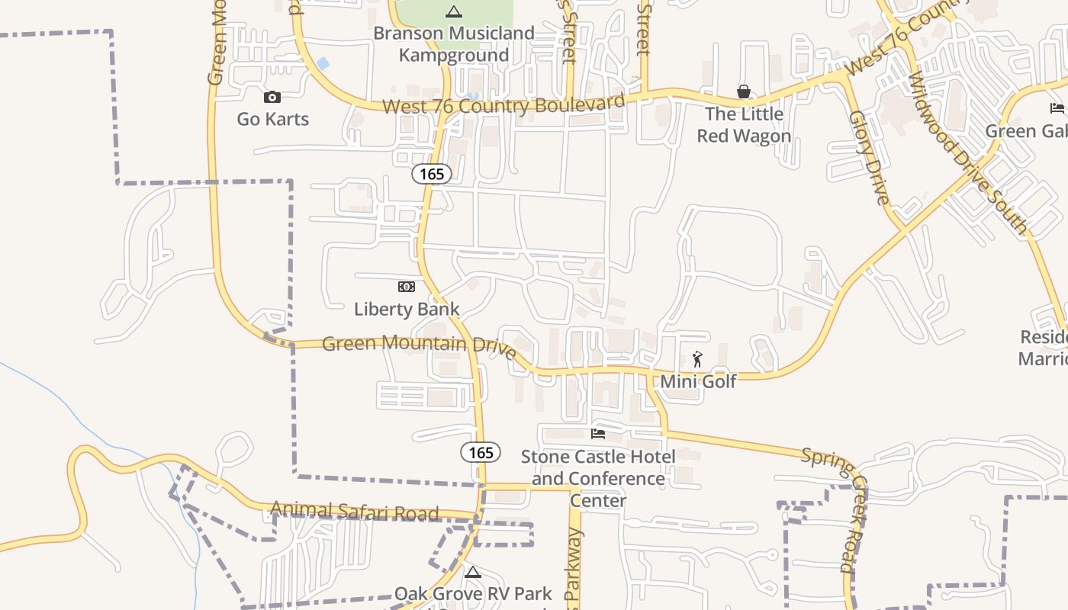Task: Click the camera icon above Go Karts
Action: [272, 97]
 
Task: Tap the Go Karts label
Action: [272, 119]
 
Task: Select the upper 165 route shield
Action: [432, 174]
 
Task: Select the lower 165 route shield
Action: [481, 452]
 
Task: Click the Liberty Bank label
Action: [407, 309]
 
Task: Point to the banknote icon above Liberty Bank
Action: [407, 287]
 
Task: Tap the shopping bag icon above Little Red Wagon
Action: [744, 91]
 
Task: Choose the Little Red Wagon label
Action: [744, 125]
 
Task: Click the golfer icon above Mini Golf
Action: [697, 359]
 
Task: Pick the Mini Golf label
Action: [698, 381]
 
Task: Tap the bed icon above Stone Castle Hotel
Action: [598, 434]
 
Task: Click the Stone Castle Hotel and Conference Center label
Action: [598, 478]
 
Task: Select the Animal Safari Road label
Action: [354, 511]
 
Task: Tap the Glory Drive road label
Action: [870, 159]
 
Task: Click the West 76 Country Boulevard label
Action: [503, 104]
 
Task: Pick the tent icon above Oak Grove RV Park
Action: [473, 572]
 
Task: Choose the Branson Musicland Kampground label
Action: [454, 44]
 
